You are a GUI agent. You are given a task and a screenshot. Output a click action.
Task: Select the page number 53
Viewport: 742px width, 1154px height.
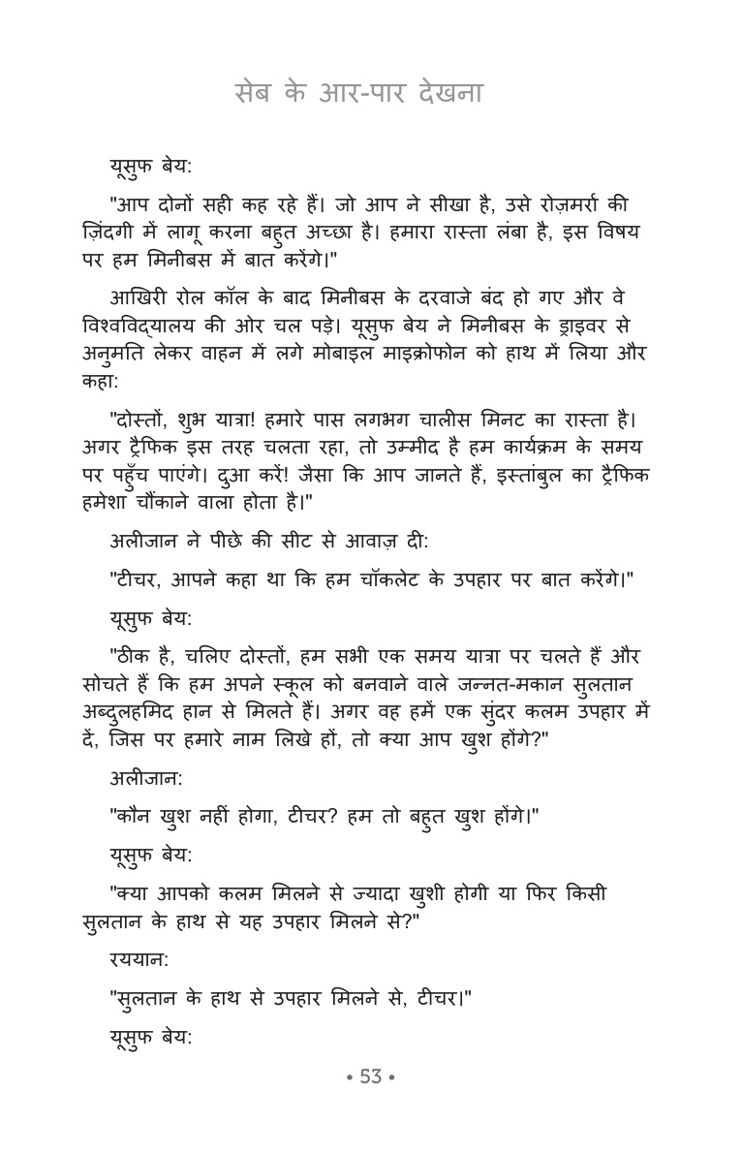point(371,1076)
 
